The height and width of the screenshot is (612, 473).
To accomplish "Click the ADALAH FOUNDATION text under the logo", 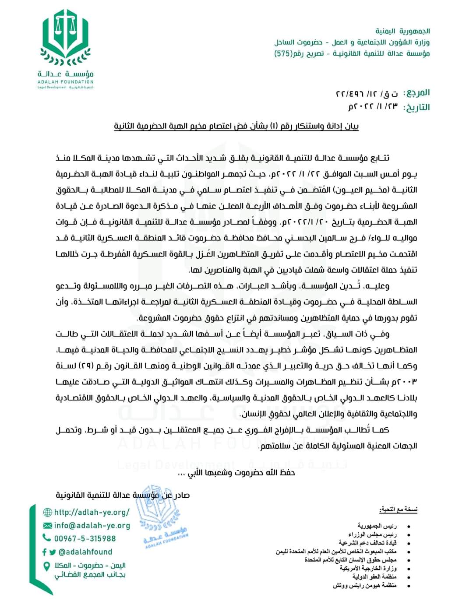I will pos(65,82).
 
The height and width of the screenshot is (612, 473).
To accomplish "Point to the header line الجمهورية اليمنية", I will pos(402,31).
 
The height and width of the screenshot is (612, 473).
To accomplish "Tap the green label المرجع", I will pos(418,93).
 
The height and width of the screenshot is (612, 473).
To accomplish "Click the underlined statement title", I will pos(236,127).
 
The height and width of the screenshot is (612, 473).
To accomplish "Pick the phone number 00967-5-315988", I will pos(85,538).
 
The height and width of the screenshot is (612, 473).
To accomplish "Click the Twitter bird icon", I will pos(53,552).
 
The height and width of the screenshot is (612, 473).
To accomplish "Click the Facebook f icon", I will pos(44,552).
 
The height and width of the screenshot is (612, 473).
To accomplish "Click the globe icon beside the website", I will pos(47,512).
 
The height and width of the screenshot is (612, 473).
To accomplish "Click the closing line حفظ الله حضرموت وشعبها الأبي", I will pos(237,473).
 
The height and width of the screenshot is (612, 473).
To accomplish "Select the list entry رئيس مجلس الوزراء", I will pos(373,535).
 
